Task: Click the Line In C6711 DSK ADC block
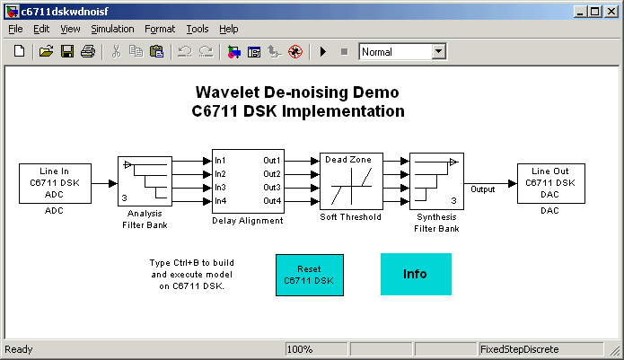coord(55,183)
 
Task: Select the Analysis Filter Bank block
coord(145,181)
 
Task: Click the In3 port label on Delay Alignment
coord(220,188)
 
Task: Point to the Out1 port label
coord(272,161)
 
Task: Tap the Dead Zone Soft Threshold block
coord(351,181)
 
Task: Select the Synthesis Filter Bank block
coord(436,181)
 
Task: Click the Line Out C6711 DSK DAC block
coord(551,183)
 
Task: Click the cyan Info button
coord(416,274)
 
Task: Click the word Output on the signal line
coord(483,189)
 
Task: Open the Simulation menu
coord(112,29)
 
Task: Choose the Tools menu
coord(198,29)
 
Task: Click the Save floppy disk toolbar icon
coord(67,52)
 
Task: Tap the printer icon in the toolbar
coord(88,52)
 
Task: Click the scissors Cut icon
coord(116,52)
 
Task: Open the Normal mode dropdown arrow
coord(438,51)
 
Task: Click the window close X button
coord(611,12)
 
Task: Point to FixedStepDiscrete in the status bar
coord(520,349)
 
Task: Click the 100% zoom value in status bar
coord(300,349)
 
